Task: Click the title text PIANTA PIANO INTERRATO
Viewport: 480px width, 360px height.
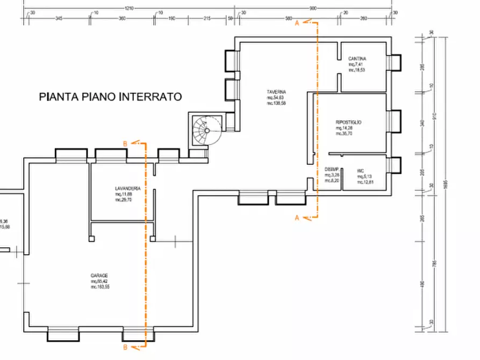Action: (111, 97)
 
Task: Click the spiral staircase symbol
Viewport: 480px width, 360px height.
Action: (205, 131)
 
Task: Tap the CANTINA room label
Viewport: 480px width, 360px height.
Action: (357, 59)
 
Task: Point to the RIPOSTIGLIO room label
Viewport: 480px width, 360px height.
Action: (348, 123)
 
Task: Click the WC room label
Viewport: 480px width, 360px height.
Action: (360, 171)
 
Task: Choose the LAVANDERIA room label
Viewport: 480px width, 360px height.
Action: (127, 189)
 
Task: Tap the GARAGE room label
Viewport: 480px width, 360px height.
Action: (99, 276)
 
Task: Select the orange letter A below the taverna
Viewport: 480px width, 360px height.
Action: (297, 218)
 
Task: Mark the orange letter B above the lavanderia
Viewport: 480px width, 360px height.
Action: (125, 143)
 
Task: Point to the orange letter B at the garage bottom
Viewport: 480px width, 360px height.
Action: (125, 348)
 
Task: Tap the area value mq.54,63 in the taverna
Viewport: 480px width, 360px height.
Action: (277, 97)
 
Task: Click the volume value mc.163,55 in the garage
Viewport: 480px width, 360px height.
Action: (101, 287)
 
